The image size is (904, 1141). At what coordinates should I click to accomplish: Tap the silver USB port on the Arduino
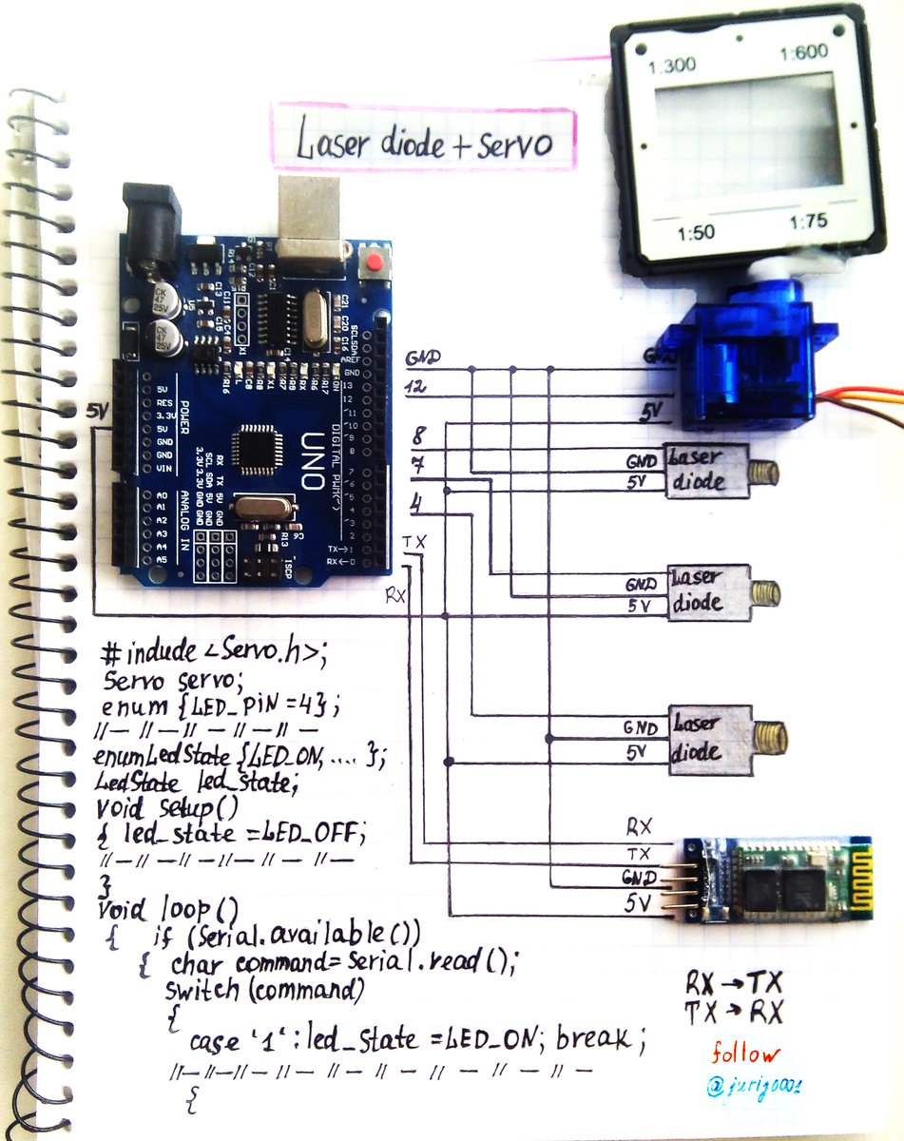pos(311,218)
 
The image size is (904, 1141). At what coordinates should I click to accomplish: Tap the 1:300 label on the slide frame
pos(672,67)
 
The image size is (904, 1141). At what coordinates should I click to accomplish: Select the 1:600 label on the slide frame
pos(804,53)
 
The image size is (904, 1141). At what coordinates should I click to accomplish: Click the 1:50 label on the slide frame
pos(695,233)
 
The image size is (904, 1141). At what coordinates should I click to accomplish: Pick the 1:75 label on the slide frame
pos(813,222)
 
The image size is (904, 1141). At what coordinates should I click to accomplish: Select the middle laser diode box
pos(709,591)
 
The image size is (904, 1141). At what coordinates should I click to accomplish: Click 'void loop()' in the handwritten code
pos(167,908)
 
